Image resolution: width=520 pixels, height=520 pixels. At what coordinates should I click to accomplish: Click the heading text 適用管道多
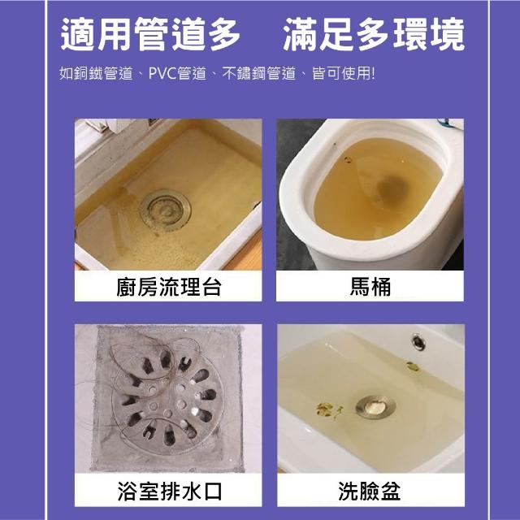[x=150, y=34]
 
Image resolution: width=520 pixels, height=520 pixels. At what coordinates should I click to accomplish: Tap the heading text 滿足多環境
[x=374, y=34]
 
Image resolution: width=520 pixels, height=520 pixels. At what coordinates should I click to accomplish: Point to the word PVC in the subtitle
[x=162, y=73]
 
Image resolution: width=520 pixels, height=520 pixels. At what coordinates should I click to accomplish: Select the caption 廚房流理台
[x=168, y=287]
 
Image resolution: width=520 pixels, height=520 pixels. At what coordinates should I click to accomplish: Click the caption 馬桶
[x=370, y=287]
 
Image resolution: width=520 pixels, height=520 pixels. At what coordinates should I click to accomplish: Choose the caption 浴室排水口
[x=169, y=491]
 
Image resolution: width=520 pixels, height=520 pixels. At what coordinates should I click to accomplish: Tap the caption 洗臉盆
[x=369, y=491]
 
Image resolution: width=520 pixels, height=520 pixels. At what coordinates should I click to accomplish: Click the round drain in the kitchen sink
[x=165, y=210]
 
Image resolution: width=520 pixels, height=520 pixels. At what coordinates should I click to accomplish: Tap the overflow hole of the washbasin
[x=418, y=341]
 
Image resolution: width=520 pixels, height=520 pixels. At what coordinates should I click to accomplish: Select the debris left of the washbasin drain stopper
[x=329, y=409]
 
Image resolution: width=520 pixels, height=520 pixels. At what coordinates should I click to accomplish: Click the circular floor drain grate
[x=166, y=399]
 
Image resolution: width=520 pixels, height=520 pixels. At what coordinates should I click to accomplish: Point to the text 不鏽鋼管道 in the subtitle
[x=258, y=73]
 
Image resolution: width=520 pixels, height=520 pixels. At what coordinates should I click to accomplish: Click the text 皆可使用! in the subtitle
[x=344, y=73]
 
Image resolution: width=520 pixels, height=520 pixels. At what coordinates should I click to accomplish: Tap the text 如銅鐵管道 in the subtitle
[x=96, y=73]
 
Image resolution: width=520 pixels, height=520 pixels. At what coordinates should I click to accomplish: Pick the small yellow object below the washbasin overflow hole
[x=412, y=366]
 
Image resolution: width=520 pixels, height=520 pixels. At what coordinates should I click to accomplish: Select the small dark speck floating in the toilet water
[x=348, y=160]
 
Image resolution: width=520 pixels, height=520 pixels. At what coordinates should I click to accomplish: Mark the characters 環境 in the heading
[x=429, y=34]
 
